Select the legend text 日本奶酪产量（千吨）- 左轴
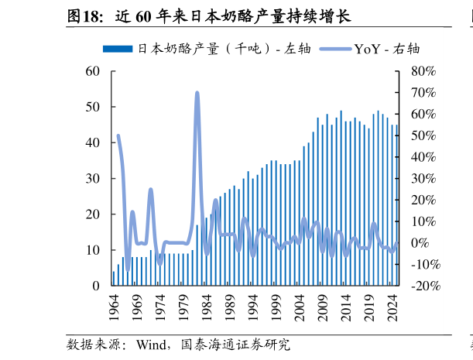[x=225, y=49]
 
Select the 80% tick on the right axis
[x=424, y=71]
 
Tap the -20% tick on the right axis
[x=424, y=286]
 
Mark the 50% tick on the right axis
[x=424, y=135]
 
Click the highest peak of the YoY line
[x=197, y=93]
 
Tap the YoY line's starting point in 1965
[x=118, y=136]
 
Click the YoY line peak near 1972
[x=150, y=190]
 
